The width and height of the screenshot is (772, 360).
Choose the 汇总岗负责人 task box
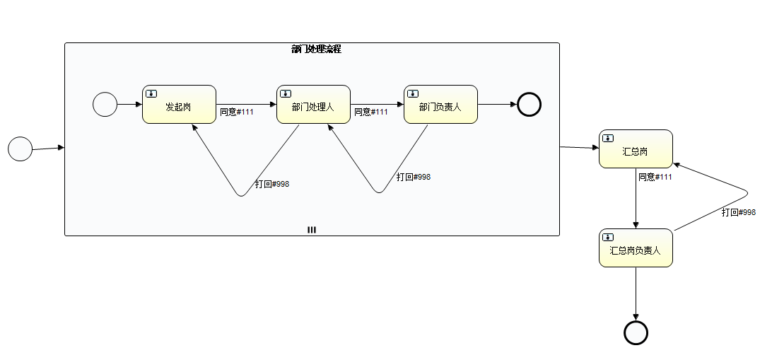[x=636, y=248]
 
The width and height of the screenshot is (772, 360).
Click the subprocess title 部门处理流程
[x=316, y=50]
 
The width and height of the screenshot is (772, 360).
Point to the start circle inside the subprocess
[x=105, y=105]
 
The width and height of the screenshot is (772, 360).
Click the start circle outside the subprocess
[x=20, y=149]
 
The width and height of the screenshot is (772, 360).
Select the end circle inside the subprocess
[x=529, y=105]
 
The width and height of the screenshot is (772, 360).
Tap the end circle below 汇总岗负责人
[x=636, y=332]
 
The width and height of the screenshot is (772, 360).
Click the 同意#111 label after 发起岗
[x=237, y=112]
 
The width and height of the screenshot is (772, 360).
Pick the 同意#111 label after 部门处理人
[x=371, y=112]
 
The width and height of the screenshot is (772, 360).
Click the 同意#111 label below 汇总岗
[x=655, y=177]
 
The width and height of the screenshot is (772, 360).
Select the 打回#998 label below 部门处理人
[x=272, y=184]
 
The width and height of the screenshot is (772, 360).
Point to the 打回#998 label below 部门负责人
[x=414, y=177]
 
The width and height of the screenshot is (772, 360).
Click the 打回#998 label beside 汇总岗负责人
[x=739, y=212]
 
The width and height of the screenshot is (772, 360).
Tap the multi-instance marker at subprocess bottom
[x=312, y=230]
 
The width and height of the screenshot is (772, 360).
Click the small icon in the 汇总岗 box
[x=607, y=138]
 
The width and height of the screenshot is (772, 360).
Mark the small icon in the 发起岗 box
[x=151, y=93]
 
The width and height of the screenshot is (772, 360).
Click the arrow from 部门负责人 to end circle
[x=498, y=105]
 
